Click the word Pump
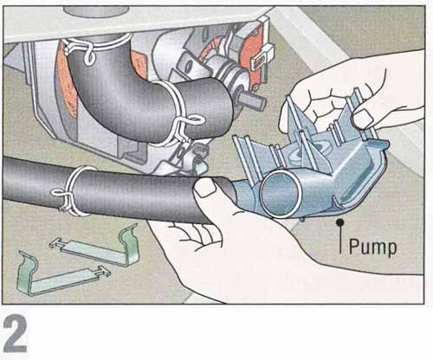[x=372, y=247]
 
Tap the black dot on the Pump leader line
[x=340, y=222]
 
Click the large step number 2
[x=16, y=333]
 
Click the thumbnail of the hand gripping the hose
[x=205, y=187]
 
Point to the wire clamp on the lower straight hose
[x=72, y=191]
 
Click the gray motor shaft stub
[x=253, y=101]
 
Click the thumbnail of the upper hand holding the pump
[x=362, y=120]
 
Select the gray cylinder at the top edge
[x=96, y=11]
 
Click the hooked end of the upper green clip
[x=129, y=236]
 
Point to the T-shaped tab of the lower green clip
[x=103, y=272]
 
